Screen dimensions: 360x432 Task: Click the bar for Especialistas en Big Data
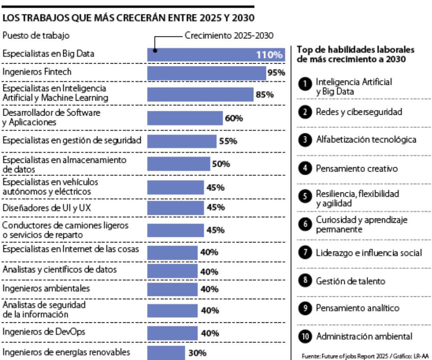(216, 54)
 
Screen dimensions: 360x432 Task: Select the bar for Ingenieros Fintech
(206, 73)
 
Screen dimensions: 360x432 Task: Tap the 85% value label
(264, 95)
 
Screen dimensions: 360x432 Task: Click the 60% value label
(234, 118)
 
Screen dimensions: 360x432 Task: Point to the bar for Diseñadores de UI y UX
(176, 208)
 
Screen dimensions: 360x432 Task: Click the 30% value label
(197, 353)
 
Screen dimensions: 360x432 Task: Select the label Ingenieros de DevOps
(44, 332)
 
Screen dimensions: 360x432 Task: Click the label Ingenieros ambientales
(46, 288)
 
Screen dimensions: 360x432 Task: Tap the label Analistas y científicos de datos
(60, 270)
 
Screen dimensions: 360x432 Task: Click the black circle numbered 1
(305, 84)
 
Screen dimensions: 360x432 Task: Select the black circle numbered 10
(305, 336)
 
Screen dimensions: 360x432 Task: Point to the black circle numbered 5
(305, 196)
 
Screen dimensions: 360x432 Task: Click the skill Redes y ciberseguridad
(358, 112)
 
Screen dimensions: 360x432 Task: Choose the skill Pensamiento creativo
(357, 168)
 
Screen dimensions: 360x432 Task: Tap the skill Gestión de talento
(350, 281)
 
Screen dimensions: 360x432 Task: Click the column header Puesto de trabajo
(36, 35)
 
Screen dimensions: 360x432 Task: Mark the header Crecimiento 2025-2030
(229, 35)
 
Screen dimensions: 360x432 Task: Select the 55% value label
(228, 141)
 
